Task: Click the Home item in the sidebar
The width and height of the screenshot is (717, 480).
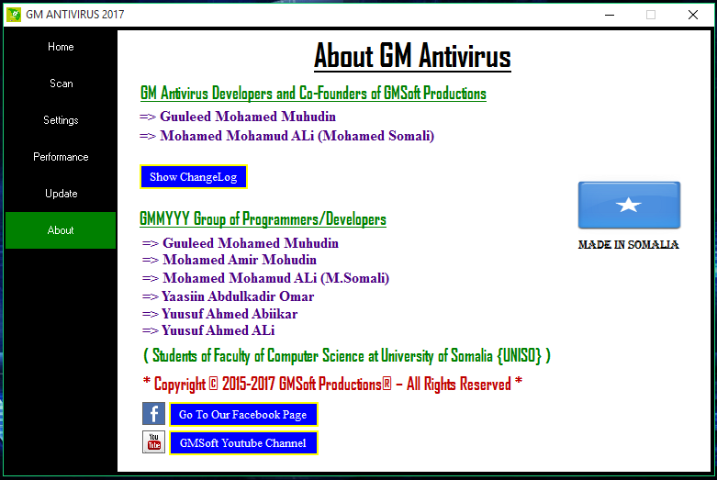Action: pyautogui.click(x=61, y=47)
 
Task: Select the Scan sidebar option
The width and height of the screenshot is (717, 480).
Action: pyautogui.click(x=61, y=84)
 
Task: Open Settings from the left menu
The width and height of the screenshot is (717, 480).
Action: pyautogui.click(x=61, y=120)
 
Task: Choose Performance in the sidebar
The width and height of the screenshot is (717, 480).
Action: pyautogui.click(x=61, y=157)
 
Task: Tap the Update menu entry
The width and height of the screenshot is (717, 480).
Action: pyautogui.click(x=61, y=194)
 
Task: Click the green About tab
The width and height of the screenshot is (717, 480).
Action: pyautogui.click(x=61, y=230)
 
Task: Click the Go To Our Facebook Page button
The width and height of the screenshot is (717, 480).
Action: pyautogui.click(x=243, y=415)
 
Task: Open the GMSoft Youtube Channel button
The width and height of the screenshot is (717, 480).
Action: pyautogui.click(x=243, y=443)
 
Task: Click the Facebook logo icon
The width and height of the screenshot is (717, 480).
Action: pyautogui.click(x=153, y=414)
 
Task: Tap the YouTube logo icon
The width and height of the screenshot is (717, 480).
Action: pyautogui.click(x=153, y=442)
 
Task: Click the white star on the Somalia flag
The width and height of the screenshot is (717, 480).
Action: pyautogui.click(x=629, y=205)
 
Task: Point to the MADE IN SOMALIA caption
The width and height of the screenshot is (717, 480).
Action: pyautogui.click(x=628, y=245)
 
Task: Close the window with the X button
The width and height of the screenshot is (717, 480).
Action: pyautogui.click(x=693, y=15)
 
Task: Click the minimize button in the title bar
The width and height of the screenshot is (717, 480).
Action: pyautogui.click(x=609, y=15)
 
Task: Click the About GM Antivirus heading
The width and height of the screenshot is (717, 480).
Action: pyautogui.click(x=412, y=57)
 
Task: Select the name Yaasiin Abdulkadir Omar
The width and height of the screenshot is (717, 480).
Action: pyautogui.click(x=238, y=296)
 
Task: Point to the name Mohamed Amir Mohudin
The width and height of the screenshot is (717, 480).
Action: pyautogui.click(x=239, y=261)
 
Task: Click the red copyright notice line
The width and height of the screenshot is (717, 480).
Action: pyautogui.click(x=332, y=384)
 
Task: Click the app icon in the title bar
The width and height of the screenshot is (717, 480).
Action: pyautogui.click(x=14, y=15)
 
